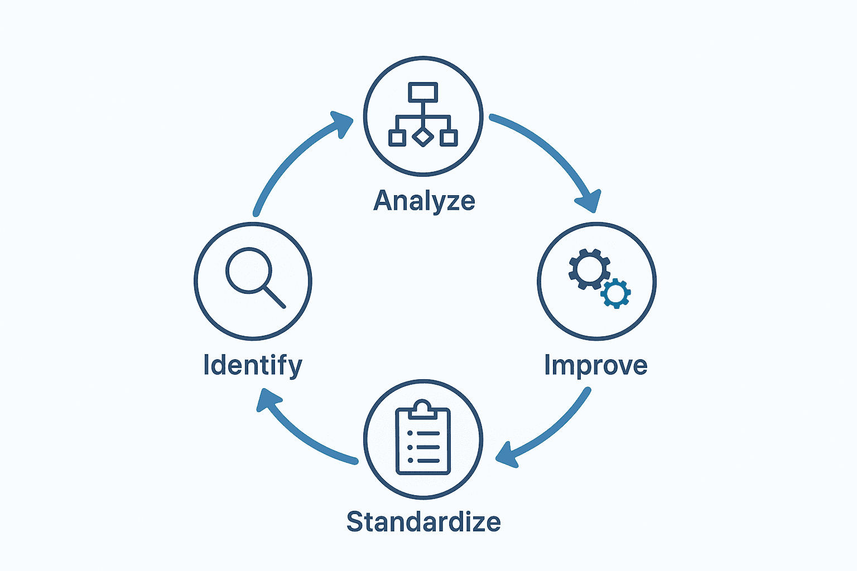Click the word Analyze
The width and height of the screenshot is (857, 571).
coord(424,201)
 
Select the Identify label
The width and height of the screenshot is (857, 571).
coord(253,366)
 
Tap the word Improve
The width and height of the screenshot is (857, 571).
coord(595,366)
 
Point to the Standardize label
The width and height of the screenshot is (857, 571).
coord(423,522)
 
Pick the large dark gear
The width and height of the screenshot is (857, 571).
coord(589,269)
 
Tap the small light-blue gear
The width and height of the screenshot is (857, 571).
coord(615,293)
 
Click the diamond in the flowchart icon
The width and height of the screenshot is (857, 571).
coord(423,137)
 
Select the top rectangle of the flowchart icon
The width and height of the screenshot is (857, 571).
coord(423,92)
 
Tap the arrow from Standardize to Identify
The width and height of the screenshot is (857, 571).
coord(301,435)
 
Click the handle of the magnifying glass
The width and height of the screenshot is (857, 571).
coord(274,297)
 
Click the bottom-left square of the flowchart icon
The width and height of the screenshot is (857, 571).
coord(397,138)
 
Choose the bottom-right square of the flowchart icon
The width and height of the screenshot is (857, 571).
coord(449,138)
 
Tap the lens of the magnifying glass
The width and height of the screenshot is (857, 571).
coord(248,270)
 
